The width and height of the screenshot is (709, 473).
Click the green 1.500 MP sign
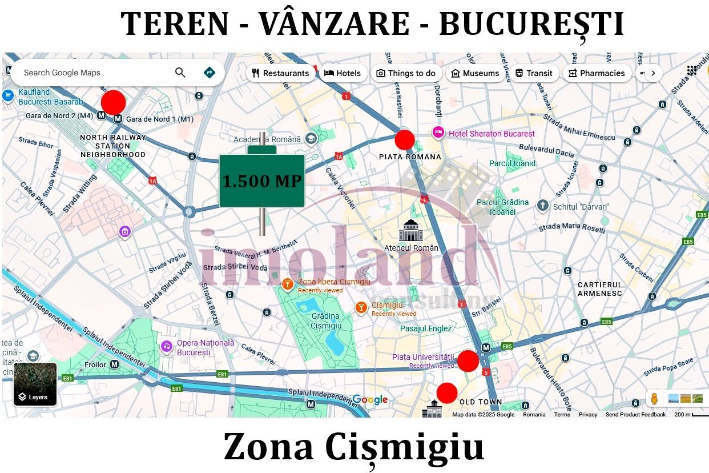(x=262, y=181)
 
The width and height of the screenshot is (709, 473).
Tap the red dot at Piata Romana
(x=405, y=139)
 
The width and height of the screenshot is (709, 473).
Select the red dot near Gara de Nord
(x=113, y=102)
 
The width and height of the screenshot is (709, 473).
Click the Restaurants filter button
(x=280, y=73)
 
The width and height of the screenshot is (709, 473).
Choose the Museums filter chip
(x=475, y=73)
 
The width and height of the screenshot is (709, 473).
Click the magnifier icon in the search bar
(x=180, y=73)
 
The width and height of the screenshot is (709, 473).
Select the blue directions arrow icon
(x=210, y=73)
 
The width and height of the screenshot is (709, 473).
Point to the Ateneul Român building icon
(x=410, y=230)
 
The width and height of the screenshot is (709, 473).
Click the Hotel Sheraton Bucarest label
(x=492, y=134)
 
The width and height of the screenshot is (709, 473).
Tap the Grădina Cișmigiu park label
(x=326, y=320)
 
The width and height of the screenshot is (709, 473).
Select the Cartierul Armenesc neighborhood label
(x=600, y=289)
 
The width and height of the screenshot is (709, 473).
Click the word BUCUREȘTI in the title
(x=531, y=24)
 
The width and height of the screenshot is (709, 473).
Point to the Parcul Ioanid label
(x=512, y=163)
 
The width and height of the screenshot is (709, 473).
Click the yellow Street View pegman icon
(x=654, y=398)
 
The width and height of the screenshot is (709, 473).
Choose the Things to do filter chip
(x=405, y=73)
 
